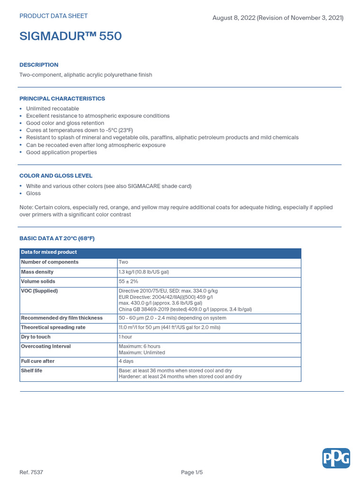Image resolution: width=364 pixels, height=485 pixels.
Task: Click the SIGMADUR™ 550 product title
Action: [x=70, y=36]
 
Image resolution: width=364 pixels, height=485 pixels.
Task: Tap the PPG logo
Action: [x=336, y=458]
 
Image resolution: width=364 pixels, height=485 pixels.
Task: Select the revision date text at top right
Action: [x=278, y=18]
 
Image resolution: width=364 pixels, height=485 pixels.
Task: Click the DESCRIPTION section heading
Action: [x=39, y=65]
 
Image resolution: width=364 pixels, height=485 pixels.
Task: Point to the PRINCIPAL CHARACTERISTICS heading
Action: [x=62, y=99]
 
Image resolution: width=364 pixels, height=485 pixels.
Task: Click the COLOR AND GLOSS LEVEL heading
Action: [x=56, y=176]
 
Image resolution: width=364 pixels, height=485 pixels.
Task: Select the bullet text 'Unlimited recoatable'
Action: [x=53, y=108]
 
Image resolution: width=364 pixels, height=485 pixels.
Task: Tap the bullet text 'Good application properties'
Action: [x=62, y=153]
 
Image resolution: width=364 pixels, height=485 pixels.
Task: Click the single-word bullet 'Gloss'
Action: [x=34, y=193]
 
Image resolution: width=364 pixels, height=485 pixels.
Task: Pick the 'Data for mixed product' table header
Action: [x=49, y=252]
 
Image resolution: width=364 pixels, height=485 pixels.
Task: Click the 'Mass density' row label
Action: [x=37, y=272]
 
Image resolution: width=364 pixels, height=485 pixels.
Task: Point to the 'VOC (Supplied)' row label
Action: [x=39, y=291]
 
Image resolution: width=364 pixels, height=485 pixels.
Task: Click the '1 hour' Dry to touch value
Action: [x=126, y=337]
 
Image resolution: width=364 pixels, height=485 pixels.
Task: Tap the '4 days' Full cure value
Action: [x=126, y=361]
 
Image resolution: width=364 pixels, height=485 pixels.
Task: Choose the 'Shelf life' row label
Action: [x=32, y=370]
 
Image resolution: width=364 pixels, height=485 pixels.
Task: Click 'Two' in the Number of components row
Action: [x=123, y=262]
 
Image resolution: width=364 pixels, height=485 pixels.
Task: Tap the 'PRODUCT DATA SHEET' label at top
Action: [x=53, y=16]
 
